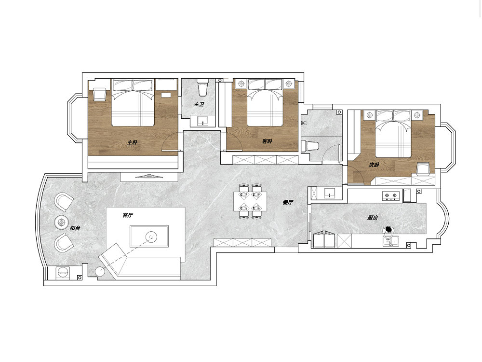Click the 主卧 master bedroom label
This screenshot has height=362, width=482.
[x=132, y=142]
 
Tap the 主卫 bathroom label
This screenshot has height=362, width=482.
[x=199, y=104]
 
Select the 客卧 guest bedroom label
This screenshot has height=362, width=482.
[x=267, y=141]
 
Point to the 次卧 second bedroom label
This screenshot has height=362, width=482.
[x=374, y=165]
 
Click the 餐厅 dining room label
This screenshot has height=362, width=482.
[x=288, y=202]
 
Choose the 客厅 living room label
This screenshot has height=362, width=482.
[x=127, y=215]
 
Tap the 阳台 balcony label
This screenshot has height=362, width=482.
[x=75, y=228]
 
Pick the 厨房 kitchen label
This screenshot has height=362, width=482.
[x=373, y=218]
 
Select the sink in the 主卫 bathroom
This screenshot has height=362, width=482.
[x=202, y=121]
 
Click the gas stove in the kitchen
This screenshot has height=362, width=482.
[x=391, y=195]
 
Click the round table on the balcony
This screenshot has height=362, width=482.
[x=62, y=222]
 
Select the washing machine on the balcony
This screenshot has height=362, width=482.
[x=63, y=273]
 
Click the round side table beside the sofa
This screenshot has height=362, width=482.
[x=101, y=272]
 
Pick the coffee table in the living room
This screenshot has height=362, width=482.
[x=149, y=237]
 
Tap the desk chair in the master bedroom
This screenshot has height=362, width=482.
[x=99, y=94]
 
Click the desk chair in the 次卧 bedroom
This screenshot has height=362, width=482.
[x=423, y=169]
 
